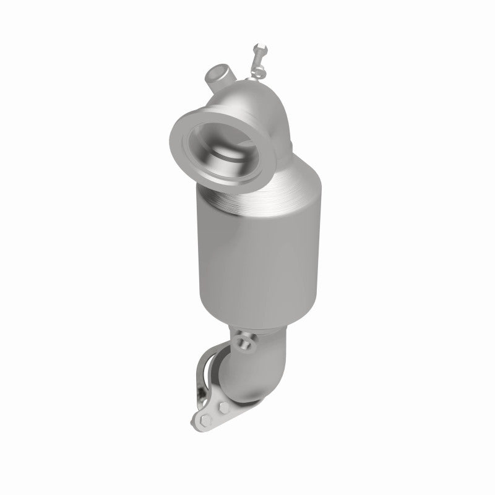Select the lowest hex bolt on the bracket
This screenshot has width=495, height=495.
206,421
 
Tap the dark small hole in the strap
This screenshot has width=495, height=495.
199,392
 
